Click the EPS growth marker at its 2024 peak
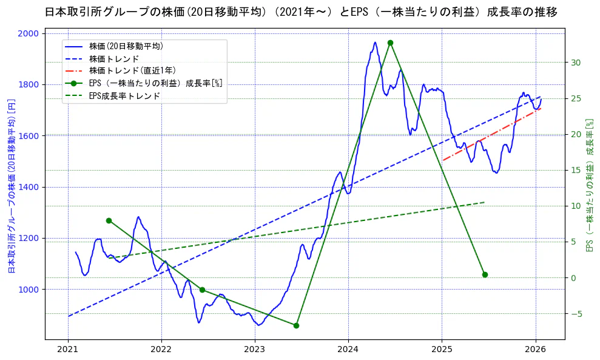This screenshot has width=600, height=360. click(x=390, y=42)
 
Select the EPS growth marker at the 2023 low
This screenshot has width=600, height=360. click(x=296, y=325)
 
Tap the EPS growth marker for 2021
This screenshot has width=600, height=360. click(x=109, y=220)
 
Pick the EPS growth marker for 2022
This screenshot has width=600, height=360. click(x=202, y=290)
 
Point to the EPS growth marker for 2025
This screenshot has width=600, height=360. click(x=485, y=274)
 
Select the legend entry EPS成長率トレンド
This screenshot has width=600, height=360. click(x=124, y=95)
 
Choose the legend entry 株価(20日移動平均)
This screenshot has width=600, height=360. click(x=126, y=46)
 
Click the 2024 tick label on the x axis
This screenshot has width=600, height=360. click(x=348, y=349)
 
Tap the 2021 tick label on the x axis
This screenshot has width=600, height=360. click(x=68, y=349)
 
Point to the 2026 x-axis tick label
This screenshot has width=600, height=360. click(x=536, y=349)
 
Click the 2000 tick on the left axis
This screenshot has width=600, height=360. click(x=29, y=33)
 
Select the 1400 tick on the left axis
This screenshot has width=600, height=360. click(x=29, y=187)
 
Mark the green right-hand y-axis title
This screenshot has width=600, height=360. click(x=588, y=185)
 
